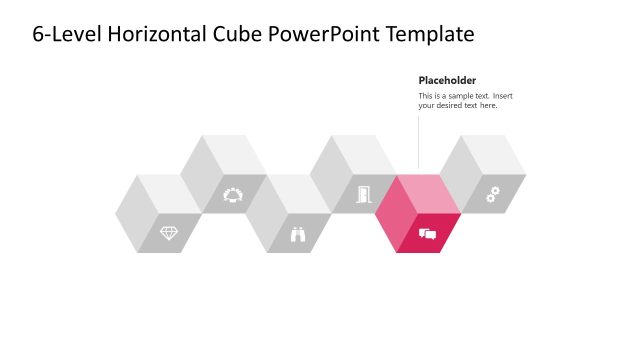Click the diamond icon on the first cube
(169, 233)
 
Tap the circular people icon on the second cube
(233, 194)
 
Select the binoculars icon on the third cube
(298, 234)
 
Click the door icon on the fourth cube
(363, 194)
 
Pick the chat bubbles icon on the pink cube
(428, 234)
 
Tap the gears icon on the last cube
(492, 195)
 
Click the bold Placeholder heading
(447, 80)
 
